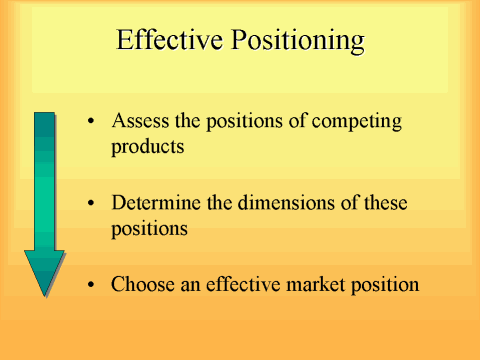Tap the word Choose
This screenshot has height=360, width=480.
[139, 283]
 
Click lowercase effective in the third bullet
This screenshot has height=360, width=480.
[232, 283]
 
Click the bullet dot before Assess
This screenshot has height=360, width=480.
[92, 122]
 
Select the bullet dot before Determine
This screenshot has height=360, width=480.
[92, 204]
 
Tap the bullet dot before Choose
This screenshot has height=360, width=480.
[92, 284]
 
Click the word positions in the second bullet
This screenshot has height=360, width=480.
[146, 228]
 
